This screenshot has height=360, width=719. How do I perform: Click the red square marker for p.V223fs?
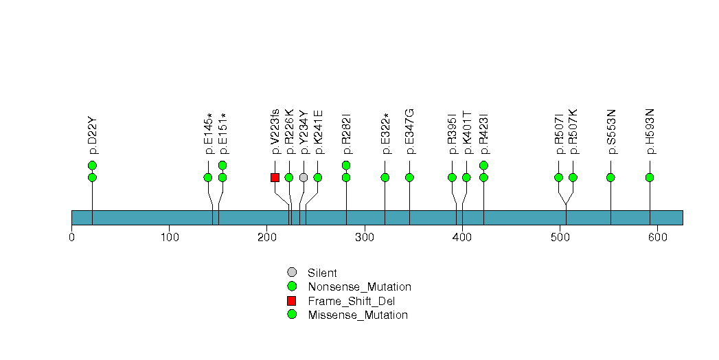[275, 177]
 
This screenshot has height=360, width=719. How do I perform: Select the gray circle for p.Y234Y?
[304, 177]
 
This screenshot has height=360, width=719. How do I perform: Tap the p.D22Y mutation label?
[93, 135]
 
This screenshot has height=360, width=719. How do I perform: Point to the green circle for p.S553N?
[610, 177]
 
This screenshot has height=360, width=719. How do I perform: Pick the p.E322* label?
[385, 133]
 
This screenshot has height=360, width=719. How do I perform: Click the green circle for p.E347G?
[409, 177]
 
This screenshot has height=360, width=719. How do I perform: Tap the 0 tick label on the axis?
[71, 238]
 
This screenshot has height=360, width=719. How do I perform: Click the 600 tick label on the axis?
[657, 238]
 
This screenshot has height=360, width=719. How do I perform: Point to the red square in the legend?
[292, 301]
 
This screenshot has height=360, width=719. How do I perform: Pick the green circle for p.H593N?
[650, 177]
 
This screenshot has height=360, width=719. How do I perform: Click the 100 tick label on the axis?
[169, 238]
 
